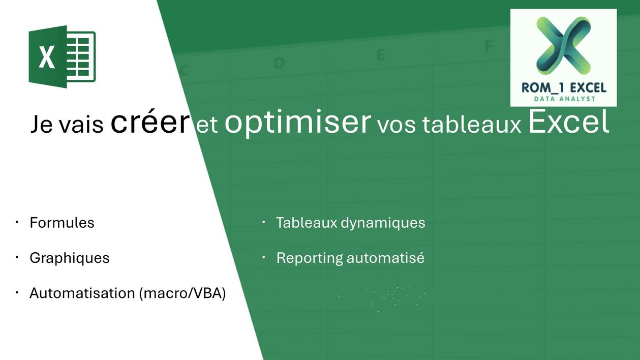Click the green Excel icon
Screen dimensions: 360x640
pos(62,56)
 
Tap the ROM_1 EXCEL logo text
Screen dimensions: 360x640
pos(563,87)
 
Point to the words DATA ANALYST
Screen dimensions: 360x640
pos(563,99)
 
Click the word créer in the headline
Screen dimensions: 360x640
pos(150,123)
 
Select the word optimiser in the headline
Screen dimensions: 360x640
pos(297,123)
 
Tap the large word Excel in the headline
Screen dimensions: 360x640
pos(568,122)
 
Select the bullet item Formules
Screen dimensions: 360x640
pos(62,223)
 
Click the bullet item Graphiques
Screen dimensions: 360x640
pos(70,258)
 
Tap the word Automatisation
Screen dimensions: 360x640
pos(82,293)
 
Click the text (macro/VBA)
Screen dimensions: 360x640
pos(182,293)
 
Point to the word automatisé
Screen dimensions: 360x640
pos(385,258)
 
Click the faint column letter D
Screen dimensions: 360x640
pos(279,63)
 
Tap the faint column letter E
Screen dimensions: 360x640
pos(380,55)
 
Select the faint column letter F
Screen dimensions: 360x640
pos(489,46)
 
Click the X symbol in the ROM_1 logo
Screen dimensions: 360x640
pos(563,45)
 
